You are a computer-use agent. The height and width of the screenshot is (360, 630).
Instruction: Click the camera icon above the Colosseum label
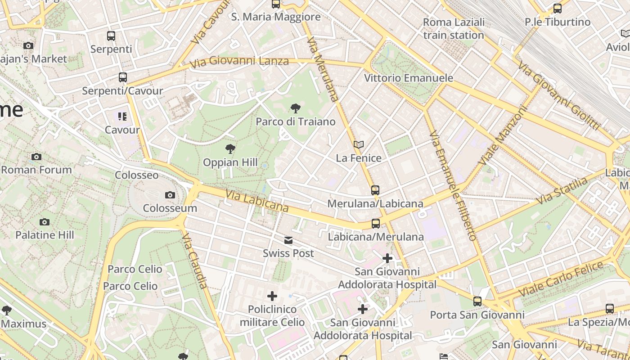170,195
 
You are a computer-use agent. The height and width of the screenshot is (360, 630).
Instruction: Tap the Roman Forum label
36,170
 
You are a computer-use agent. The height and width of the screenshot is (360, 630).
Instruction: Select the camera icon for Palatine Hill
44,222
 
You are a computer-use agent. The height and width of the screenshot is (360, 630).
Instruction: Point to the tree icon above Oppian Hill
230,148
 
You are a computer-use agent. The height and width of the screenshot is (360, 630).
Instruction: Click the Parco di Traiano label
296,121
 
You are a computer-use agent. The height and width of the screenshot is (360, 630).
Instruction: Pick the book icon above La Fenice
359,144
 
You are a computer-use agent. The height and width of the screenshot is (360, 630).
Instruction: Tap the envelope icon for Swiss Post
288,240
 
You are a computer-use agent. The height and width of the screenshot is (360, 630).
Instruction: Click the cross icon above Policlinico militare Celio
272,296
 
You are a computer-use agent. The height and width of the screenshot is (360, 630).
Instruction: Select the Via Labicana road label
257,201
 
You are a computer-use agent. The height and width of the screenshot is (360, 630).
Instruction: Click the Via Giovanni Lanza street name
239,61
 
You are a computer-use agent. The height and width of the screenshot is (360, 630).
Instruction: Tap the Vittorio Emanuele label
408,78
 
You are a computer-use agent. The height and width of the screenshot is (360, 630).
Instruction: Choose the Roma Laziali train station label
454,28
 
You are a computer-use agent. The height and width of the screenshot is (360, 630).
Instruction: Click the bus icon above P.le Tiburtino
557,8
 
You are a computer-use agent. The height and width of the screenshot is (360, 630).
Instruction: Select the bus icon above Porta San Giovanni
477,301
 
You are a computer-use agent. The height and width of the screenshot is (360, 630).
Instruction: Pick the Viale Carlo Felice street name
561,279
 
